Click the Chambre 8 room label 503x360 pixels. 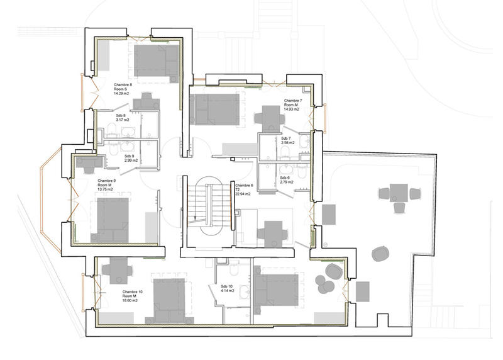click(123, 89)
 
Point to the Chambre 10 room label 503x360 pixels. click(133, 296)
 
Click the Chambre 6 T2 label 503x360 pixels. click(244, 189)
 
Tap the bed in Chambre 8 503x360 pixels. click(156, 61)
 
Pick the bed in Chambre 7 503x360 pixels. click(214, 109)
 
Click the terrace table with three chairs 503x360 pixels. click(397, 194)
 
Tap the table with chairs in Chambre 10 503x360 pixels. click(117, 271)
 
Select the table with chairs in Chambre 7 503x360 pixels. click(270, 118)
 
